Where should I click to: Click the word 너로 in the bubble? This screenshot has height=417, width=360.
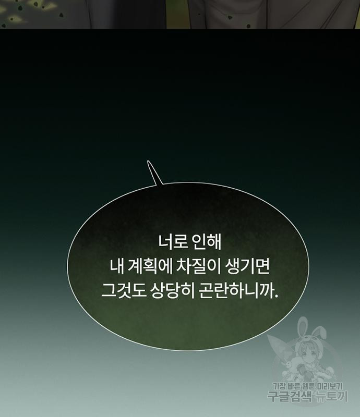coord(173,242)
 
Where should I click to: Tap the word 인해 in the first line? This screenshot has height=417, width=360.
coord(207,242)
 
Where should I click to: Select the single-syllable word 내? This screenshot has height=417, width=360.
coord(117,266)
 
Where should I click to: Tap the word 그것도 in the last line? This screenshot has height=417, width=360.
coord(124,291)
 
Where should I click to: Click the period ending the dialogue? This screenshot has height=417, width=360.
coord(276,296)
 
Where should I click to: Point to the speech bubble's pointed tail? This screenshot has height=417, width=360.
coord(148,161)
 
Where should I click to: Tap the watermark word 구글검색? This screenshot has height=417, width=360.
coord(290,397)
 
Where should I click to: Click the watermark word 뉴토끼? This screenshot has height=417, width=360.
coord(332,397)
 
